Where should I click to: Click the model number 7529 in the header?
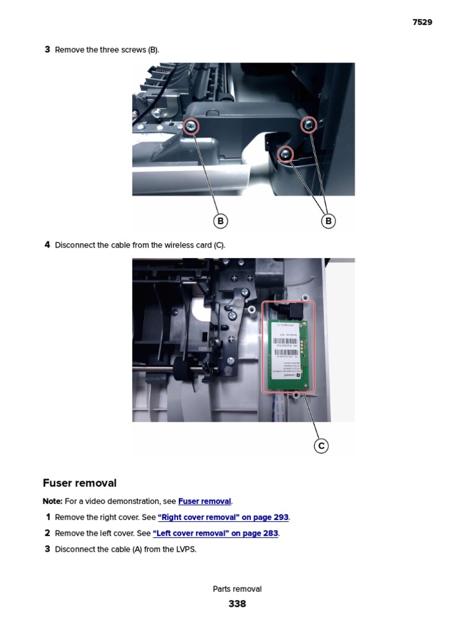point(422,22)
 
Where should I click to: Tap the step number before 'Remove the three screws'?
point(47,50)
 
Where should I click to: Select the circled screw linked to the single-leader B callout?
point(192,127)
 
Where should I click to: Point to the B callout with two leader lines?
point(328,221)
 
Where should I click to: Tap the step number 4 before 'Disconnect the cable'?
point(47,245)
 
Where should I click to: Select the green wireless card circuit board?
point(288,353)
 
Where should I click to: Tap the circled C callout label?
point(321,446)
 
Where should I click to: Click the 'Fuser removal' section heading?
point(80,483)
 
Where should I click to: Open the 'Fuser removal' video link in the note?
point(204,502)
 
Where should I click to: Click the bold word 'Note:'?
point(53,502)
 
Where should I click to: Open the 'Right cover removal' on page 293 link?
point(223,518)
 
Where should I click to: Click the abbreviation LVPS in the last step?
point(185,549)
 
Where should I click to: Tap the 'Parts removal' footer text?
point(237,589)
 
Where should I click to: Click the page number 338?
point(237,604)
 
